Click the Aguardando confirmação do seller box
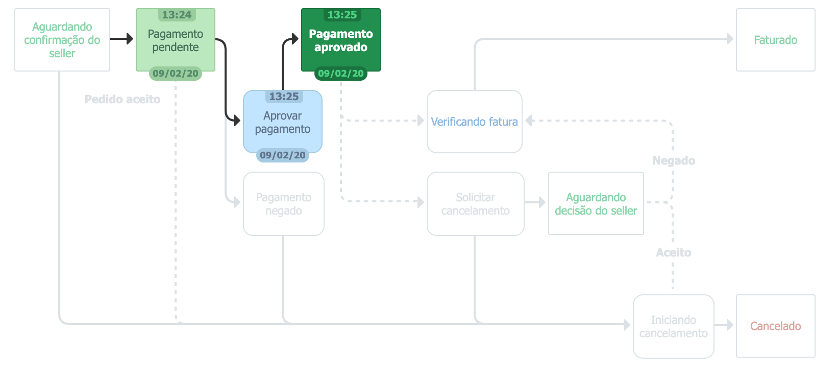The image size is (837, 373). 62,40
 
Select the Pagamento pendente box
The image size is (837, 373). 175,41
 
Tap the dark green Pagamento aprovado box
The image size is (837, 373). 340,41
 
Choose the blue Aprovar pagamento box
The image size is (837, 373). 282,123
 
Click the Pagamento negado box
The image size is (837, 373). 283,204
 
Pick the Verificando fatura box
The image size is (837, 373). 474,122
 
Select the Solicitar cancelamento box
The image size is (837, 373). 475,204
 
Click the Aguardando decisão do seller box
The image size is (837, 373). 596,204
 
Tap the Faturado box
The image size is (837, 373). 775,40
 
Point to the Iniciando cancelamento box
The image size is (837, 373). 673,327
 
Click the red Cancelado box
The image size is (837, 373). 775,326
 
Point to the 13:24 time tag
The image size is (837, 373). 177,15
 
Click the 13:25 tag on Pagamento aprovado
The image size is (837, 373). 342,15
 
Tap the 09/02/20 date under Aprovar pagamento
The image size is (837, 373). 282,155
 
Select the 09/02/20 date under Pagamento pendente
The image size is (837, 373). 175,74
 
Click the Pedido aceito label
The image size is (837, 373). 122,99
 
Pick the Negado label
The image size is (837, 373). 673,160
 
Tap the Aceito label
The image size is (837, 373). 673,252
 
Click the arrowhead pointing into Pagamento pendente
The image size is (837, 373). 130,39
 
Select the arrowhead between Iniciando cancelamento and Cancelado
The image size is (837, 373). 730,325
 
